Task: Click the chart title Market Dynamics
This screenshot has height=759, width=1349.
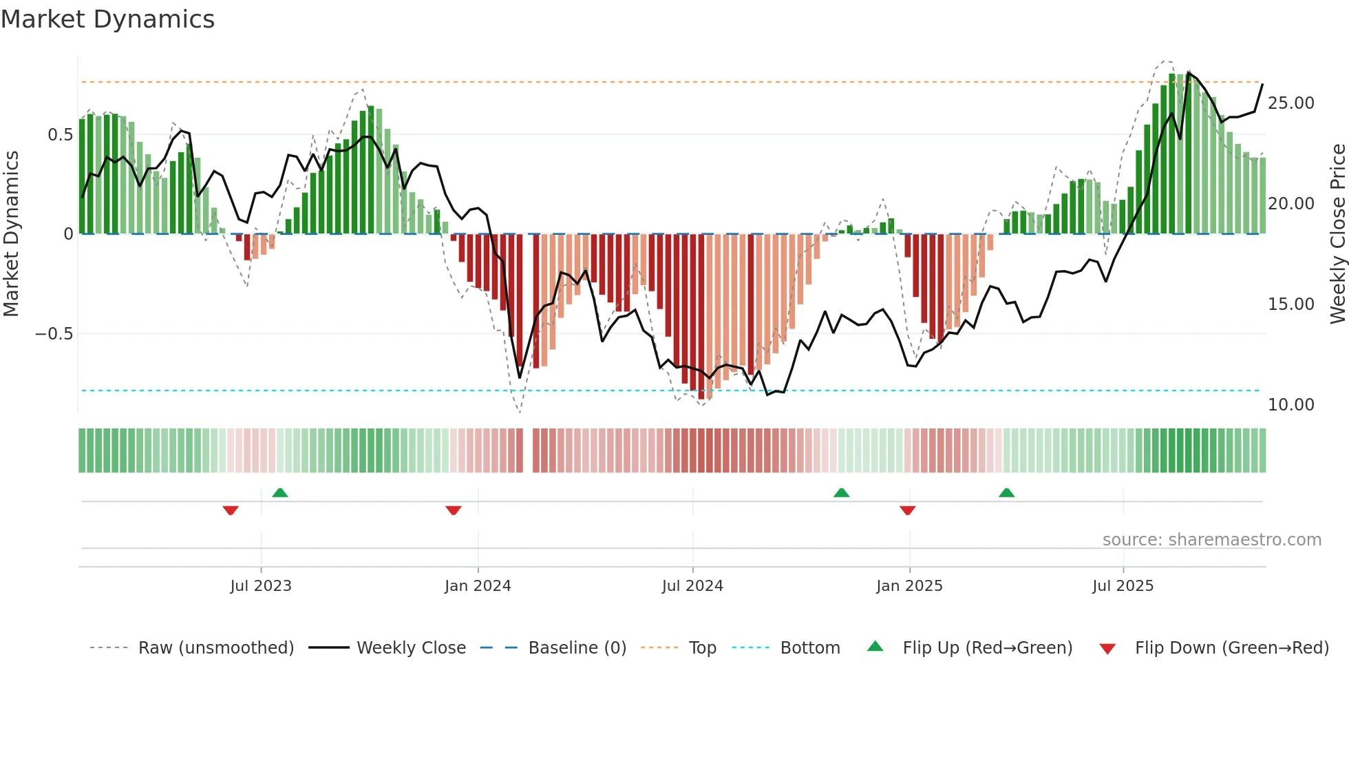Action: click(x=107, y=19)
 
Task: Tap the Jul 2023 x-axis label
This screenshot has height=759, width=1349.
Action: click(x=261, y=586)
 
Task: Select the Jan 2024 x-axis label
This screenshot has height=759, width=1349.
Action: click(x=478, y=586)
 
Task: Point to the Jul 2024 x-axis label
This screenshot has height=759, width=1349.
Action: click(x=692, y=586)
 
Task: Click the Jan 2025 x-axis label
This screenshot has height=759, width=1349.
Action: click(x=909, y=586)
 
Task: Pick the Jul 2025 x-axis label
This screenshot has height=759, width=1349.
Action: click(x=1123, y=586)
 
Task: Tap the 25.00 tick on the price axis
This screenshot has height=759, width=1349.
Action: click(x=1290, y=103)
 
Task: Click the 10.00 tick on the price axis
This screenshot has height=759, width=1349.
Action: click(x=1290, y=405)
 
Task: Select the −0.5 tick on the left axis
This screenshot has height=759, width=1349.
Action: click(x=54, y=334)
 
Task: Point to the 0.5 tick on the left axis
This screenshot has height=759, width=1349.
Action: click(x=60, y=135)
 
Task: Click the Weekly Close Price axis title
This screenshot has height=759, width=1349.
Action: click(x=1337, y=234)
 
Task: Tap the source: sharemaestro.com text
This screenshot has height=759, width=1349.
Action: click(x=1211, y=540)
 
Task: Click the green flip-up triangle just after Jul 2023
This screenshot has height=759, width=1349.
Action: click(x=280, y=492)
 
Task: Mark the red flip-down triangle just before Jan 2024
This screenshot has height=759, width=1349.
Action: click(x=453, y=510)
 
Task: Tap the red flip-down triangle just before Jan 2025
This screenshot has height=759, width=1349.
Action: click(x=907, y=510)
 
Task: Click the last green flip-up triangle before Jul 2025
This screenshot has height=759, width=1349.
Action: click(x=1006, y=492)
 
